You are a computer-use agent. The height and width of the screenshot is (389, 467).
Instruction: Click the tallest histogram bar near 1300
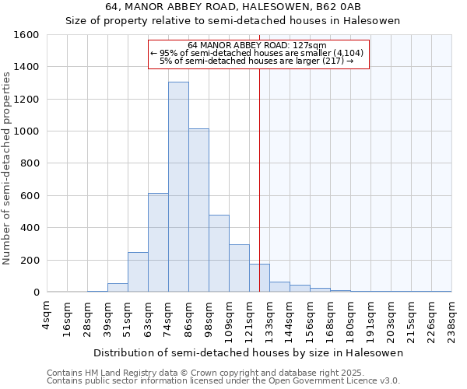pyautogui.click(x=178, y=187)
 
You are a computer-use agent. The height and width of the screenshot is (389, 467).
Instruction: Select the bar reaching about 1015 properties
pyautogui.click(x=198, y=210)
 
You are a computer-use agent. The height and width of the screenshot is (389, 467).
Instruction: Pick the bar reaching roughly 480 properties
pyautogui.click(x=219, y=254)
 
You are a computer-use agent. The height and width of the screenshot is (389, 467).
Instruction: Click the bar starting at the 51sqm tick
pyautogui.click(x=138, y=272)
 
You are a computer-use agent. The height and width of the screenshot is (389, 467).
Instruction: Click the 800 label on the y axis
pyautogui.click(x=30, y=163)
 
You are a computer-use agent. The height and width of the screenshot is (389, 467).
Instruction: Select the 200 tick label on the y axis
pyautogui.click(x=30, y=260)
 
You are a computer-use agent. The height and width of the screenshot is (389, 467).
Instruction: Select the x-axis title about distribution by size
pyautogui.click(x=248, y=352)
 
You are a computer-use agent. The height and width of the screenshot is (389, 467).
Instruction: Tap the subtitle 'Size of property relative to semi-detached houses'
pyautogui.click(x=233, y=21)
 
